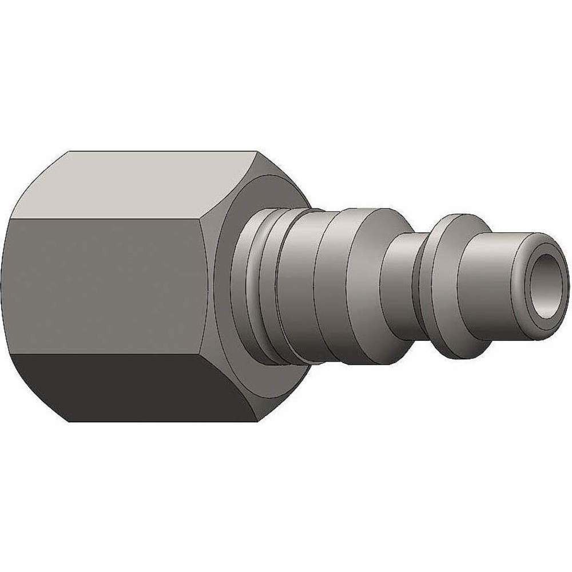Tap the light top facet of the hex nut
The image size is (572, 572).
point(126,186)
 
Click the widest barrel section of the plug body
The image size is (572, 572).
point(349,286)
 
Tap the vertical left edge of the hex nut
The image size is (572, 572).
point(11,286)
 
